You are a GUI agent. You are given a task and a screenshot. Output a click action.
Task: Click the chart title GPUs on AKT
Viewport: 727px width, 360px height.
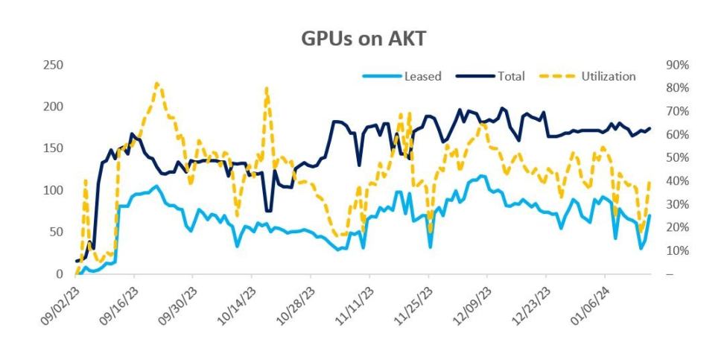coord(363,38)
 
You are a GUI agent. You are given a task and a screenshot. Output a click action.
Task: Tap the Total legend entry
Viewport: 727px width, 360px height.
coord(511,76)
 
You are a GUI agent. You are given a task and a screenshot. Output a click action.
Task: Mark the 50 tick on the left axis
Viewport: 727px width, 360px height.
coord(55,233)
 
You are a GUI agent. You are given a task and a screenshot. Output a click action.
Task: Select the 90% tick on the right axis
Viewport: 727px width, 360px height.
coord(675,66)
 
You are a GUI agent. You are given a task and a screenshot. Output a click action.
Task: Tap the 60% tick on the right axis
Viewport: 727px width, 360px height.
coord(675,135)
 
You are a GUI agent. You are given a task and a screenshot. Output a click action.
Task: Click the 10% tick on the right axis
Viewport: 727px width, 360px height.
coord(675,251)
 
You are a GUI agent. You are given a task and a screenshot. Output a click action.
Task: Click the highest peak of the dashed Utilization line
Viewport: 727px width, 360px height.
coord(156,83)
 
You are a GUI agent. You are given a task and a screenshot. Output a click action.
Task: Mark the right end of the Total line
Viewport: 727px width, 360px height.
coord(650,128)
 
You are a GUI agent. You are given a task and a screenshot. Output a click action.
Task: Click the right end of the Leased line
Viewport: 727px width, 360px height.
coord(650,216)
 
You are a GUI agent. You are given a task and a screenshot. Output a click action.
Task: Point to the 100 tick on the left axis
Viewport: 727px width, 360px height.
coord(52,191)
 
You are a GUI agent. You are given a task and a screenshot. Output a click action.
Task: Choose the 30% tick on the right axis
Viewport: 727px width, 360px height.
coord(675,204)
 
